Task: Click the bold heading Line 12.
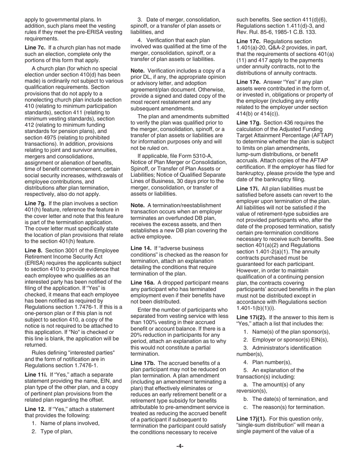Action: (34, 409)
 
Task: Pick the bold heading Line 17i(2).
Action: (251, 317)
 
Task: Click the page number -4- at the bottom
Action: (180, 446)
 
